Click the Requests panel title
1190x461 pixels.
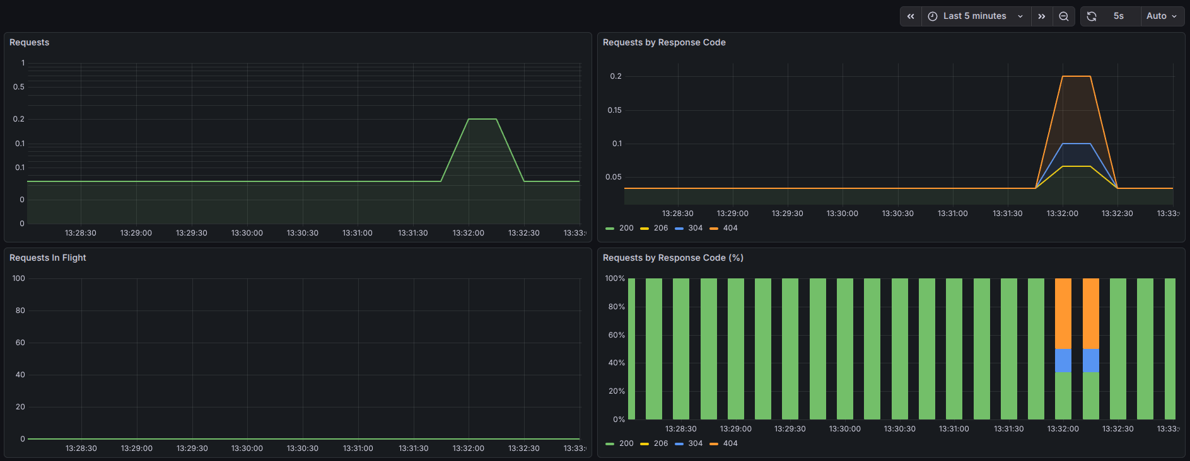coord(29,42)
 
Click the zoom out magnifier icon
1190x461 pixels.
coord(1063,16)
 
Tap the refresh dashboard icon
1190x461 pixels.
coord(1092,16)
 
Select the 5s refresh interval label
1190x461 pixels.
coord(1118,16)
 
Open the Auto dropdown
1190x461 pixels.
coord(1162,16)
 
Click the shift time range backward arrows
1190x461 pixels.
coord(911,16)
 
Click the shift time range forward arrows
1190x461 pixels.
coord(1042,16)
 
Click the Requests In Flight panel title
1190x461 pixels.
coord(48,258)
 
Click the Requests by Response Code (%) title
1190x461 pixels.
coord(673,258)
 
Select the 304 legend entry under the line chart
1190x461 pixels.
coord(689,228)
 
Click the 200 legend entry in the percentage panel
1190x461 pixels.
coord(619,443)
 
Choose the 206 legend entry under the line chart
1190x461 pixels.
coord(654,228)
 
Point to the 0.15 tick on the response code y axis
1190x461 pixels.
coord(614,110)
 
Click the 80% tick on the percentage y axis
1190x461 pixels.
coord(616,307)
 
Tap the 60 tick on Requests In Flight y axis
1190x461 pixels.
coord(20,343)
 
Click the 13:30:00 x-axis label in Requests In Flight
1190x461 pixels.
coord(247,448)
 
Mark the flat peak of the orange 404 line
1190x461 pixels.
coord(1076,76)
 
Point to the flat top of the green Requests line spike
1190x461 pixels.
coord(482,119)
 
